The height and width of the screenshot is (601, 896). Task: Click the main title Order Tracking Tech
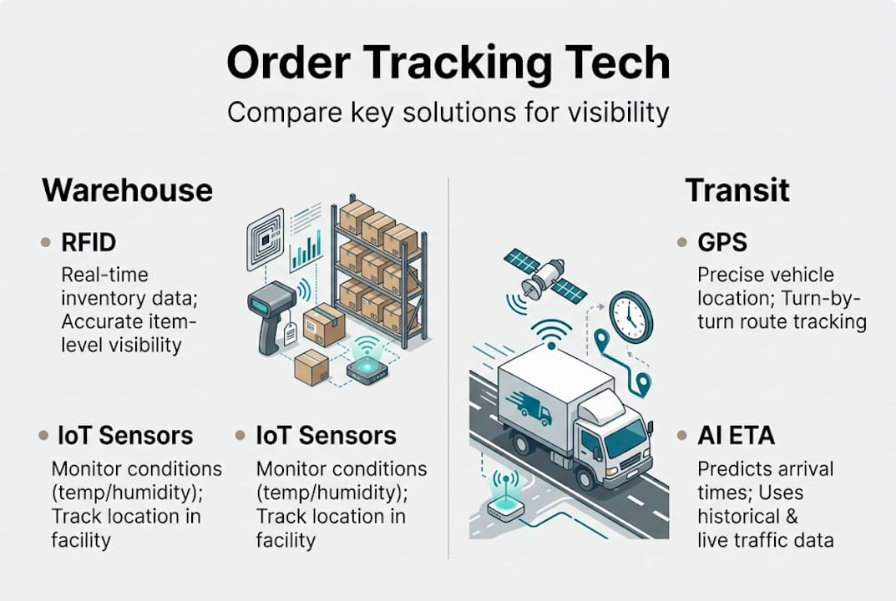point(448,63)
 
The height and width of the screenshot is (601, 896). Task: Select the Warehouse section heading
point(127,190)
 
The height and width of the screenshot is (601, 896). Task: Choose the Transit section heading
point(737,190)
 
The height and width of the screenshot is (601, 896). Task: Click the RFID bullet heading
point(89,243)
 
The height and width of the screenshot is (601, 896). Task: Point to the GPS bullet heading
point(722,243)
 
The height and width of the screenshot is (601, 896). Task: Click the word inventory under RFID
point(103,298)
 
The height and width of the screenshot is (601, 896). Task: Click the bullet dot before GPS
point(681,243)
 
